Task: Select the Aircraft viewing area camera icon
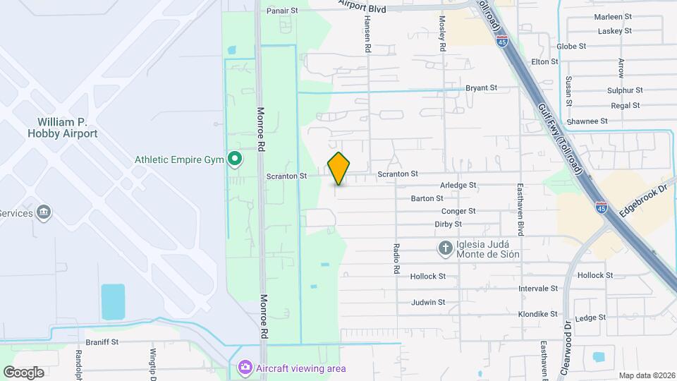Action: [x=245, y=368]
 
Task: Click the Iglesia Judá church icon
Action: [x=445, y=248]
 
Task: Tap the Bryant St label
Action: [x=482, y=88]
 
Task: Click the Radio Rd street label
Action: [x=396, y=259]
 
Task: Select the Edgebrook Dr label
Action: [x=642, y=201]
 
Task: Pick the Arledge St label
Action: [x=458, y=186]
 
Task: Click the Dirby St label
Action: [x=448, y=224]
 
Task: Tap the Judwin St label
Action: [x=428, y=303]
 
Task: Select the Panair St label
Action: [x=283, y=11]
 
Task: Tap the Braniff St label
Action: [x=101, y=341]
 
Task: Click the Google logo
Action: [x=23, y=372]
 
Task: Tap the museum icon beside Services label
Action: [x=44, y=212]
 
